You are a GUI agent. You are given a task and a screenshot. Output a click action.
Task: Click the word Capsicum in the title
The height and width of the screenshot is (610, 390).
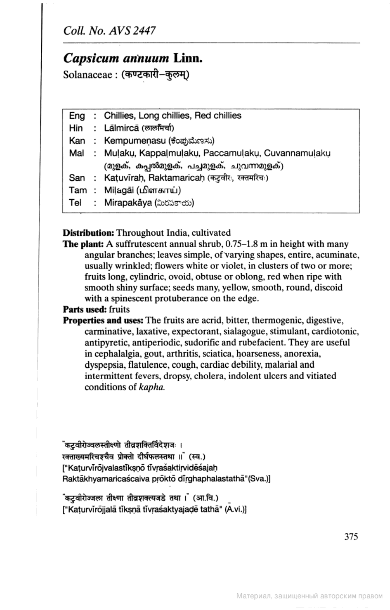point(91,58)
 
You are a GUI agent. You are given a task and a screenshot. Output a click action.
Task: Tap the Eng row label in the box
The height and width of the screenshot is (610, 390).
point(77,116)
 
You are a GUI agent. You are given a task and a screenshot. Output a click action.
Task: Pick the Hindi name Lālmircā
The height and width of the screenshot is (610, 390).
point(121,128)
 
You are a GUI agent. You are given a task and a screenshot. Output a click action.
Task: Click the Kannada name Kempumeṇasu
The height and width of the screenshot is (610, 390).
point(134,141)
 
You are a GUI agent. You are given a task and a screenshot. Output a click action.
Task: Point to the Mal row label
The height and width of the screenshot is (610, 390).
point(76,153)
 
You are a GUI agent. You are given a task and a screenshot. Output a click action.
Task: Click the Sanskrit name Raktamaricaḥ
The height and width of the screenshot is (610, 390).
point(177,178)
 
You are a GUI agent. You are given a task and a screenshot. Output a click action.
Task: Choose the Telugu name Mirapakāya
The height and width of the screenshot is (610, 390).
point(128,203)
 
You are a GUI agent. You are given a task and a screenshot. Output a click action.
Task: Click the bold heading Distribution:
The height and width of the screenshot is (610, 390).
point(88,233)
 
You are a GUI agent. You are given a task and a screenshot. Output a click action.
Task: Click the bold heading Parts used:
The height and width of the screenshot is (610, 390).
point(84,309)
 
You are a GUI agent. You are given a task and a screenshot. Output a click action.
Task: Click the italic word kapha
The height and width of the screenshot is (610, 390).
point(152,387)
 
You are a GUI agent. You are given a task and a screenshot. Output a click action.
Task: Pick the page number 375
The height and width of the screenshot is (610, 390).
point(351,537)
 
